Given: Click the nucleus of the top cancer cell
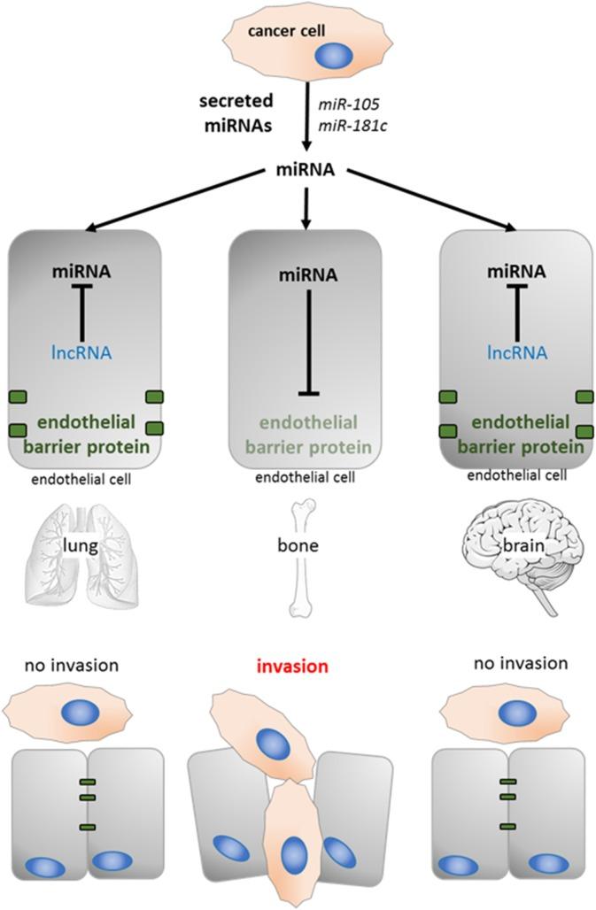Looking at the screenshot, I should coord(335,58).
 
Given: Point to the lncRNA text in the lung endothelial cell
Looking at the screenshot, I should coord(83,354).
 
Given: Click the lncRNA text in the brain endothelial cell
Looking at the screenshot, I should coord(515,354).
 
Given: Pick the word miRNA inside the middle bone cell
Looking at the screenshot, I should coord(305,275).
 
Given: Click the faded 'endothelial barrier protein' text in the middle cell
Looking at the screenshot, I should coord(305,432).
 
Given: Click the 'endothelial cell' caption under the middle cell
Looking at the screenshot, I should coord(305,478).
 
